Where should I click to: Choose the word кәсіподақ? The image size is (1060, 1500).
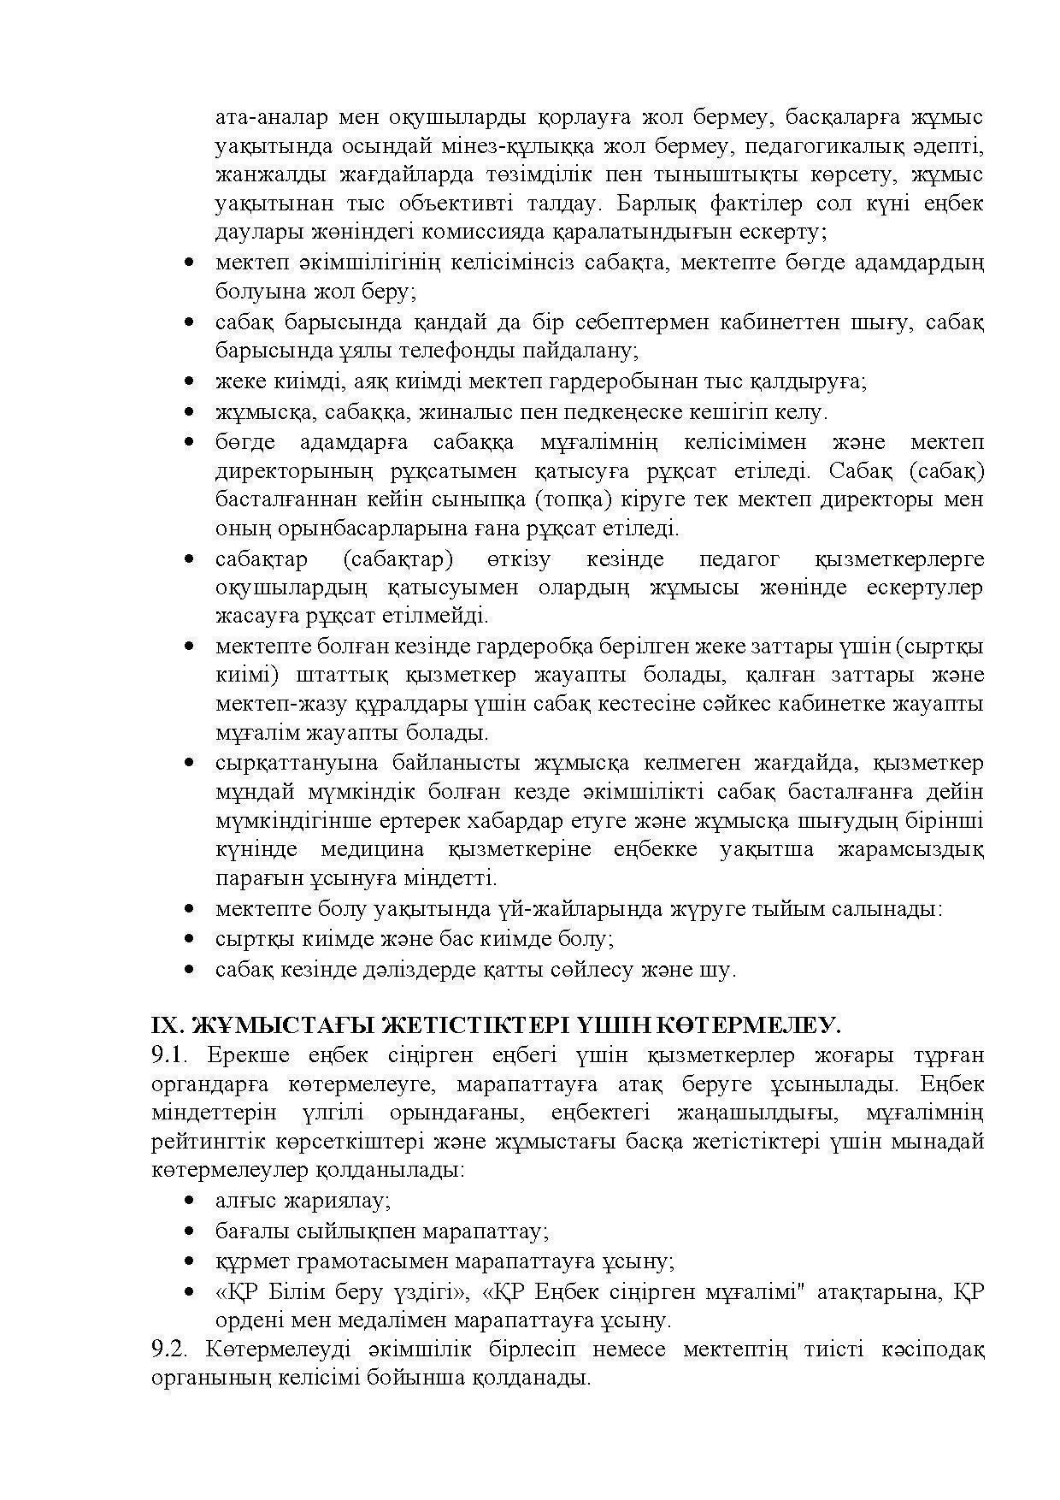coord(935,1349)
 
